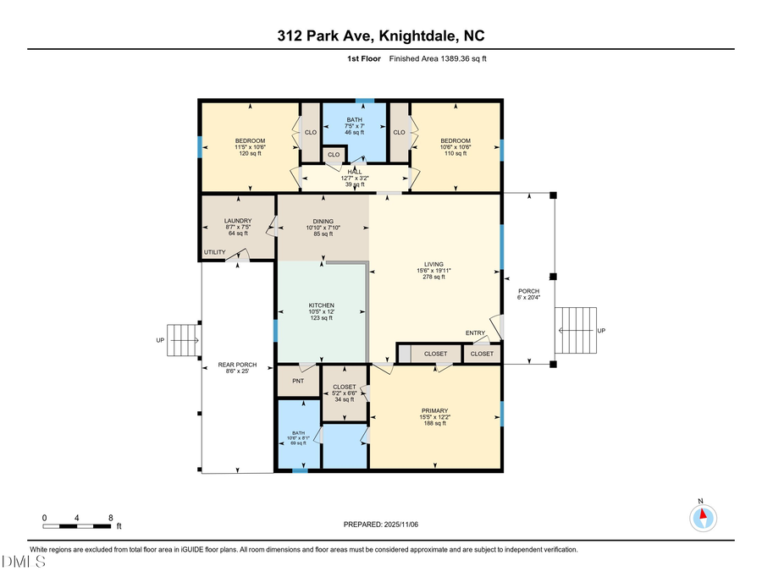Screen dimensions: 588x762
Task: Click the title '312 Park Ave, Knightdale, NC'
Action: [x=380, y=36]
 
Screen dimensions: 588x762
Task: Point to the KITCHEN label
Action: [x=320, y=305]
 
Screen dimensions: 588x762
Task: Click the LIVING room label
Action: [x=434, y=263]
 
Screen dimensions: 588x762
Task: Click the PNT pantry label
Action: [x=298, y=381]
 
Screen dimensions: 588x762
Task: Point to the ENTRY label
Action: [x=475, y=333]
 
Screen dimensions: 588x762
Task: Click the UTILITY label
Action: [x=214, y=252]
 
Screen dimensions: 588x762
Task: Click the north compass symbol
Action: [x=701, y=518]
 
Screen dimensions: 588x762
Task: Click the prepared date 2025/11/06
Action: [x=381, y=525]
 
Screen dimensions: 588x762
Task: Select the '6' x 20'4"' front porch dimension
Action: [x=528, y=298]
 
